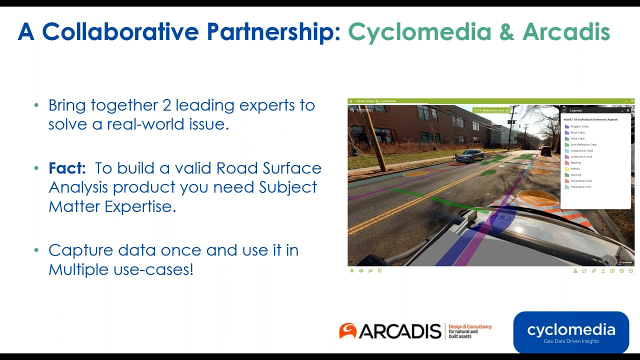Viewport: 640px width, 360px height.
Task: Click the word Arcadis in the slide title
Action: pyautogui.click(x=566, y=32)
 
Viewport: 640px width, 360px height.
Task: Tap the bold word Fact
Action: pyautogui.click(x=67, y=168)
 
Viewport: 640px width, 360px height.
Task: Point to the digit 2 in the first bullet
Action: pyautogui.click(x=166, y=105)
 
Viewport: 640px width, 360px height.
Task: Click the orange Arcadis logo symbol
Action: pyautogui.click(x=347, y=330)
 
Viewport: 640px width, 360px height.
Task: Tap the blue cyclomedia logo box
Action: pyautogui.click(x=571, y=332)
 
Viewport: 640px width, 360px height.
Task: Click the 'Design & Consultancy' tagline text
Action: pyautogui.click(x=470, y=326)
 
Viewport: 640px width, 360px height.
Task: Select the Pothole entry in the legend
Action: pyautogui.click(x=575, y=169)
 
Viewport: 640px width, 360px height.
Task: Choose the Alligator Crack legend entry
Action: pyautogui.click(x=579, y=126)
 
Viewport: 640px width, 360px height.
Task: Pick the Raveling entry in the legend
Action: pyautogui.click(x=575, y=175)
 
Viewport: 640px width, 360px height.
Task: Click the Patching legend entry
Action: pyautogui.click(x=575, y=163)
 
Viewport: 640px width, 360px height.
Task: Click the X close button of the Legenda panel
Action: pyautogui.click(x=628, y=110)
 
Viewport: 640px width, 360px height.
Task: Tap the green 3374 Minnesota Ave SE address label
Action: pyautogui.click(x=491, y=110)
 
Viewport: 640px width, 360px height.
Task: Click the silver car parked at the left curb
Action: pyautogui.click(x=470, y=155)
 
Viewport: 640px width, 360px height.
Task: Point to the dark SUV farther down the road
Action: pyautogui.click(x=546, y=150)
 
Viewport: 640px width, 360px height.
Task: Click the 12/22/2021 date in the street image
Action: pyautogui.click(x=364, y=110)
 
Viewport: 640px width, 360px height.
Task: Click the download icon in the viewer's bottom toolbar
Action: pyautogui.click(x=603, y=271)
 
